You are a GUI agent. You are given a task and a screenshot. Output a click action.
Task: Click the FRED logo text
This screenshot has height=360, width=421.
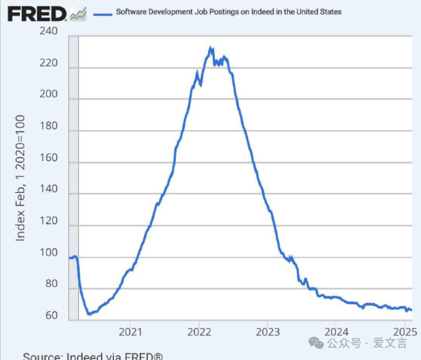pos(37,13)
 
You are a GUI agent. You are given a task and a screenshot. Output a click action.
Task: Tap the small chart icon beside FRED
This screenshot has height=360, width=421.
pos(78,13)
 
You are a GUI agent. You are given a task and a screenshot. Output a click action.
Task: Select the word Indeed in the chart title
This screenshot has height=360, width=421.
pos(246,12)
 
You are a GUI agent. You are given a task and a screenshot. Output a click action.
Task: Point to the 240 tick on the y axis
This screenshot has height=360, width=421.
pos(49,31)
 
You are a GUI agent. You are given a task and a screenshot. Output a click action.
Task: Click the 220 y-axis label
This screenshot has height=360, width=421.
pos(49,63)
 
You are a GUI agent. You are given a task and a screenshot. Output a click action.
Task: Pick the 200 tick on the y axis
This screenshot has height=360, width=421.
pos(49,94)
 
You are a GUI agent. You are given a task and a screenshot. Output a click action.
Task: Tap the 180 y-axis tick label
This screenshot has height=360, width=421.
pos(49,126)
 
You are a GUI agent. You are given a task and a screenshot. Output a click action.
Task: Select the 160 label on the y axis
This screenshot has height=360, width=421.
pos(49,158)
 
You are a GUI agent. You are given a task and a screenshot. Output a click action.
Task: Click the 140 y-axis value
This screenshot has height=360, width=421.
pos(49,190)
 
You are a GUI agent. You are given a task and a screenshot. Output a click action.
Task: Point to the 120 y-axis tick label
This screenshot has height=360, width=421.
pos(49,221)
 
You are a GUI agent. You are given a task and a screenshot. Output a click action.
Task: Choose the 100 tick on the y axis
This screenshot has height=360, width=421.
pos(49,253)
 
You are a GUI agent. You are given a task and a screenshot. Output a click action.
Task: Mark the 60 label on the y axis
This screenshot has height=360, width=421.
pos(51,316)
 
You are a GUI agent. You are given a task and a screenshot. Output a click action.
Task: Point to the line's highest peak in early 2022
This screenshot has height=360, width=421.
pos(210,48)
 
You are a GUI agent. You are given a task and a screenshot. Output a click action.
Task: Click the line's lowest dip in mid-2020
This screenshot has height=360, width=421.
pos(88,314)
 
